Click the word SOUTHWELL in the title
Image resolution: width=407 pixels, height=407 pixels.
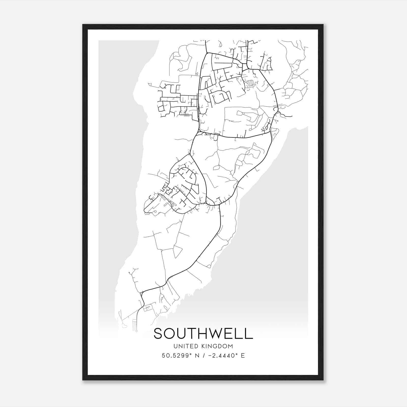(x=203, y=334)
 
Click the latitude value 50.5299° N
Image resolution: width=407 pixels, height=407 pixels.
(x=178, y=356)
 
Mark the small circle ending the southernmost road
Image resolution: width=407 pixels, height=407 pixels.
(x=136, y=331)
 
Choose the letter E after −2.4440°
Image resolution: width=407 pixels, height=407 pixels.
(x=243, y=356)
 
